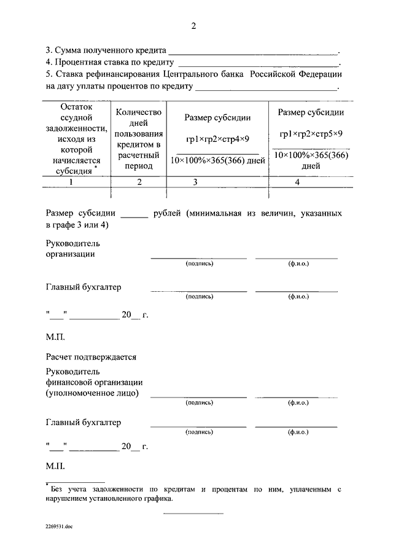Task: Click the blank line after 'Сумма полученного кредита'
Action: (253, 51)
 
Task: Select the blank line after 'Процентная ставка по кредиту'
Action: (258, 63)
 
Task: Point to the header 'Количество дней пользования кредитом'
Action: (139, 139)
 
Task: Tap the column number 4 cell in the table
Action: (297, 182)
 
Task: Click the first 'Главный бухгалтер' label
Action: (84, 287)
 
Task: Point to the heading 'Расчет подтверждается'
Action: (91, 357)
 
